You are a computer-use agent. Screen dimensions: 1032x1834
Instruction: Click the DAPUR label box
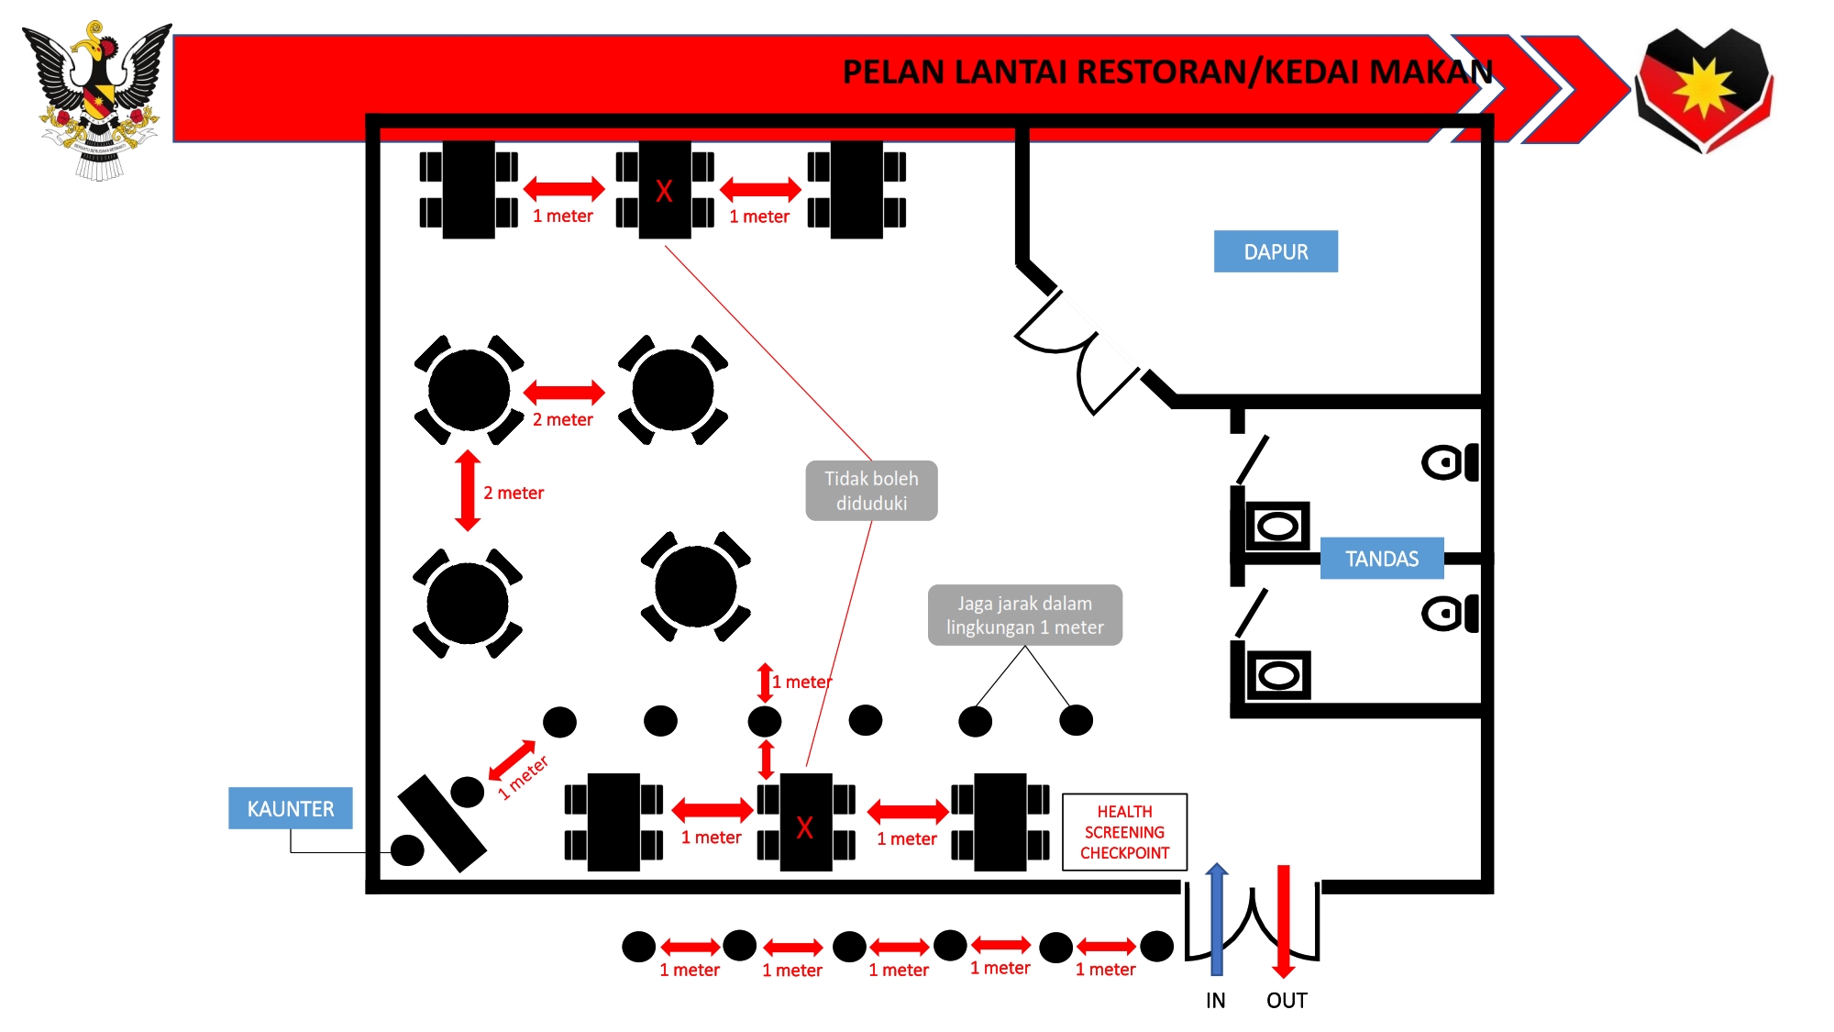pyautogui.click(x=1275, y=251)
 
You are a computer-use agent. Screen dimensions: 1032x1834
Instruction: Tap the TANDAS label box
pyautogui.click(x=1381, y=559)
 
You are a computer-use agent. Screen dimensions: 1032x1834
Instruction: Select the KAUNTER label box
pyautogui.click(x=290, y=808)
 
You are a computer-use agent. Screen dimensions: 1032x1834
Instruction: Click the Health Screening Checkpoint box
pyautogui.click(x=1124, y=832)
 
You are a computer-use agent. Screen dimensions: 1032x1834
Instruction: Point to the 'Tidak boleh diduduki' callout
pyautogui.click(x=871, y=491)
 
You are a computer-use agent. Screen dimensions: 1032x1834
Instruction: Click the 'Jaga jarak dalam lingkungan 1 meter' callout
pyautogui.click(x=1024, y=616)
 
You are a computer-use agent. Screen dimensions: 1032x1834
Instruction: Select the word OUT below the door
pyautogui.click(x=1287, y=1001)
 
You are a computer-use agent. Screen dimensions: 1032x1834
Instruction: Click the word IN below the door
pyautogui.click(x=1215, y=1001)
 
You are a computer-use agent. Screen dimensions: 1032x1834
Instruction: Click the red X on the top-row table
pyautogui.click(x=664, y=191)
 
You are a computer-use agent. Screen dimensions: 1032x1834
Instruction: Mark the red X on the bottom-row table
pyautogui.click(x=804, y=827)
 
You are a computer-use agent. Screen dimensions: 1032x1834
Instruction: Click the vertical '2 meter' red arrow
pyautogui.click(x=468, y=491)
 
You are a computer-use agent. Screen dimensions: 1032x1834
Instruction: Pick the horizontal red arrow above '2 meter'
pyautogui.click(x=564, y=393)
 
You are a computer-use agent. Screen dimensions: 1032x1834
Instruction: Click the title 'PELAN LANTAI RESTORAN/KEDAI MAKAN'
pyautogui.click(x=1166, y=72)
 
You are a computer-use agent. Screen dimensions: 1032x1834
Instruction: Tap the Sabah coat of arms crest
pyautogui.click(x=98, y=99)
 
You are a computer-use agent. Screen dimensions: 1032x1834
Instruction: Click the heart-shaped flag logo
pyautogui.click(x=1704, y=89)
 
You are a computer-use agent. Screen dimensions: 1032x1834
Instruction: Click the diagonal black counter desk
pyautogui.click(x=442, y=824)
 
